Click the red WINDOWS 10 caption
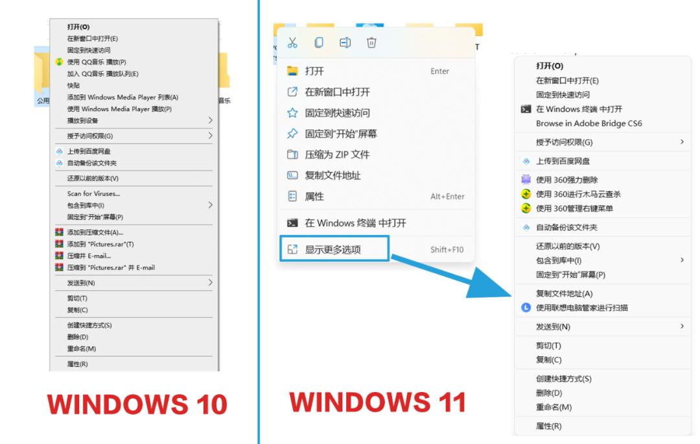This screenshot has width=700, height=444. [137, 404]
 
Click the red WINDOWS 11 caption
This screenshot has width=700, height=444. [378, 402]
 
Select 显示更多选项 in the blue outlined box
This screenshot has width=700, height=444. [334, 249]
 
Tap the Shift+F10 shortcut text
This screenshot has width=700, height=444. [447, 250]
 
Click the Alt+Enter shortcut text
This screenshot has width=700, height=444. [447, 197]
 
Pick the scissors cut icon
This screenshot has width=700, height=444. [292, 43]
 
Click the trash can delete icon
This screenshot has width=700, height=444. [371, 43]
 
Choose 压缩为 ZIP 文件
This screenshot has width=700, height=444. [337, 154]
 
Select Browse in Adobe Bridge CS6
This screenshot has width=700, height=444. [589, 123]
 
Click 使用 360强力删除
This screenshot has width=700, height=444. [566, 180]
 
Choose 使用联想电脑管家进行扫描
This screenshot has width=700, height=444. [581, 308]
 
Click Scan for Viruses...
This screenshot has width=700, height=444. [93, 193]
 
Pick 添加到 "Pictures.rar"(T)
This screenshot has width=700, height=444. [100, 244]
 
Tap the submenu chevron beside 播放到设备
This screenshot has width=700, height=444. [210, 121]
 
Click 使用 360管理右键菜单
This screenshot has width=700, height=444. [574, 208]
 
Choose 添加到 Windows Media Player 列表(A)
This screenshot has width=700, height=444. [122, 97]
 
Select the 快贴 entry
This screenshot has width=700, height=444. [74, 86]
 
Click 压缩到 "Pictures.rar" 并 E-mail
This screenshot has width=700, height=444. [111, 267]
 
